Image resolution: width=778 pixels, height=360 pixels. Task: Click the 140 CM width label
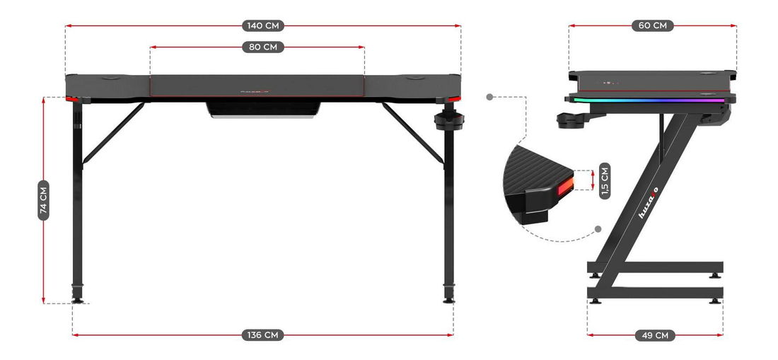263,26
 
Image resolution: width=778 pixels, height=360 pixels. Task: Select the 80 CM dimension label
263,47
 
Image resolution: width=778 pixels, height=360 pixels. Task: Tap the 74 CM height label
44,199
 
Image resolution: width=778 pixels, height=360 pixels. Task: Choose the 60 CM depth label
652,26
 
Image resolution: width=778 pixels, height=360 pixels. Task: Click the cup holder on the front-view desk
448,120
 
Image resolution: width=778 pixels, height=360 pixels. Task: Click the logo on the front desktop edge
255,91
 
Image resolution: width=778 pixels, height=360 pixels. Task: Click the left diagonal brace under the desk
113,132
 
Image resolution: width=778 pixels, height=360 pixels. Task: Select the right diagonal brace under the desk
413,132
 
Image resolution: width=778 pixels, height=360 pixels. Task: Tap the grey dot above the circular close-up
490,97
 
